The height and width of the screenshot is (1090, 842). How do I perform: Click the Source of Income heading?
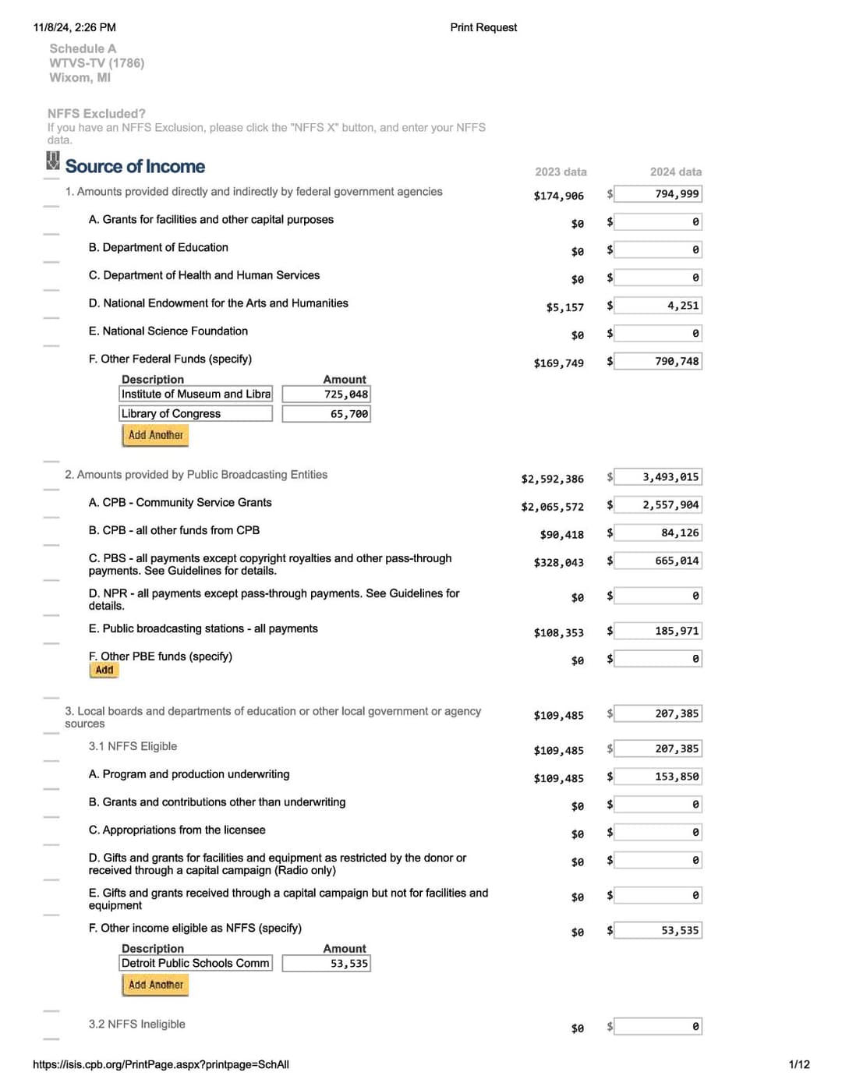pos(135,166)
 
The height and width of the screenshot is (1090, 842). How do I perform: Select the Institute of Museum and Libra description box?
pos(196,395)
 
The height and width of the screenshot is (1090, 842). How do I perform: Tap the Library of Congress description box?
pos(196,414)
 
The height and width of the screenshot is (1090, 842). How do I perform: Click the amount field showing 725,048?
pos(326,395)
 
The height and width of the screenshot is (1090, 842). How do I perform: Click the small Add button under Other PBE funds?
pos(104,670)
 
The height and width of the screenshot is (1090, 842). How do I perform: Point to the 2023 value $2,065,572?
pos(552,507)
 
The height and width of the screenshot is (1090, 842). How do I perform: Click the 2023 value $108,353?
pos(558,632)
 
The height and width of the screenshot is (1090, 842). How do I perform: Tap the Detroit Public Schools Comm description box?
pos(196,964)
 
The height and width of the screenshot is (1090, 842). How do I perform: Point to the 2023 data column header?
pos(561,172)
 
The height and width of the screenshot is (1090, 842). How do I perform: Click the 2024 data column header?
pos(675,172)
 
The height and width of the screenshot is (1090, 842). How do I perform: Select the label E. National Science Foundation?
pos(168,331)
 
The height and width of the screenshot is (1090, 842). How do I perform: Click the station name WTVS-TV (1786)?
pos(97,63)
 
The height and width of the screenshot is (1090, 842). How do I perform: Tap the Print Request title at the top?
pos(483,27)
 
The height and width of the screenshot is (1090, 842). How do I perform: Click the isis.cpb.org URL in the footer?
pos(161,1064)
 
